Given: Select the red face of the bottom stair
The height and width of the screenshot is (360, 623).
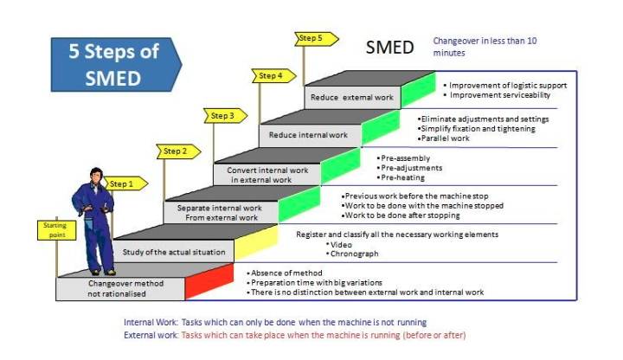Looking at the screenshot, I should click(209, 281).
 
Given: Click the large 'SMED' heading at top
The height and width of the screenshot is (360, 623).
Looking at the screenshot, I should click(389, 47).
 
